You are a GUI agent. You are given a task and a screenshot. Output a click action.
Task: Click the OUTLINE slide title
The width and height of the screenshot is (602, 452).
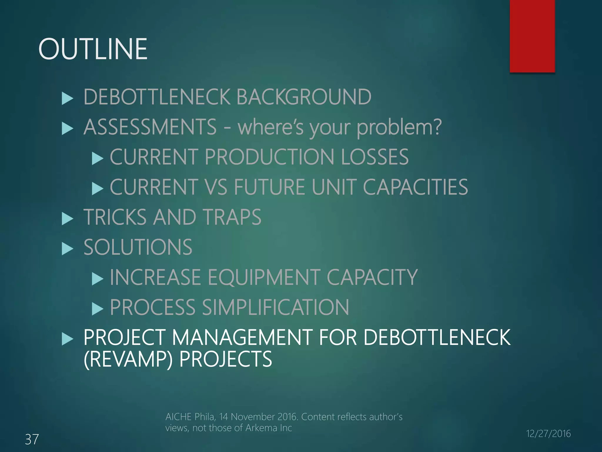click(x=93, y=49)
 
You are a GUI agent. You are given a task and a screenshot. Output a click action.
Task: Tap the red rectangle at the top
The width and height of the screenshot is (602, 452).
click(x=532, y=36)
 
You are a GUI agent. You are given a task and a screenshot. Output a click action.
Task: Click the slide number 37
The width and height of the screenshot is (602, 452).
click(x=32, y=439)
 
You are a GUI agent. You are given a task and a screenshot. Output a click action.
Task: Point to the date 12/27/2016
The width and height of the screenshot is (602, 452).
click(x=548, y=433)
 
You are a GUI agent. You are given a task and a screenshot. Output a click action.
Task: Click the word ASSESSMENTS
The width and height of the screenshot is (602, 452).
click(x=150, y=127)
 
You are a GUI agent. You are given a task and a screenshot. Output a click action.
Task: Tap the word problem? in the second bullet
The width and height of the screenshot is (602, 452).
click(x=399, y=127)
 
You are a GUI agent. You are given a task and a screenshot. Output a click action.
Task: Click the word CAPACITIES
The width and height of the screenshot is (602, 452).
click(x=415, y=187)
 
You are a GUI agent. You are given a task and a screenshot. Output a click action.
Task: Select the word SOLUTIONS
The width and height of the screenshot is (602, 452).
click(x=138, y=247)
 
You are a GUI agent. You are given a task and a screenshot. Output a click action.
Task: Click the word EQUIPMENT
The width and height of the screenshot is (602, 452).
click(x=264, y=277)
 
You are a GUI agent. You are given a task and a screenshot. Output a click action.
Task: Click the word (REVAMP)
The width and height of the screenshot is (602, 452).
click(x=128, y=359)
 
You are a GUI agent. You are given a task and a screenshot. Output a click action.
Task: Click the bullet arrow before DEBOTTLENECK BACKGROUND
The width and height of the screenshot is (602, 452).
click(x=67, y=99)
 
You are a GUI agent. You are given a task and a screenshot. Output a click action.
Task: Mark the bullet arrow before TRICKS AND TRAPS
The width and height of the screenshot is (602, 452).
click(x=67, y=219)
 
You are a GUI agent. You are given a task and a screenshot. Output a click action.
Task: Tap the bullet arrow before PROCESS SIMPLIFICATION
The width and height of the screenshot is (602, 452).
click(x=97, y=309)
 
